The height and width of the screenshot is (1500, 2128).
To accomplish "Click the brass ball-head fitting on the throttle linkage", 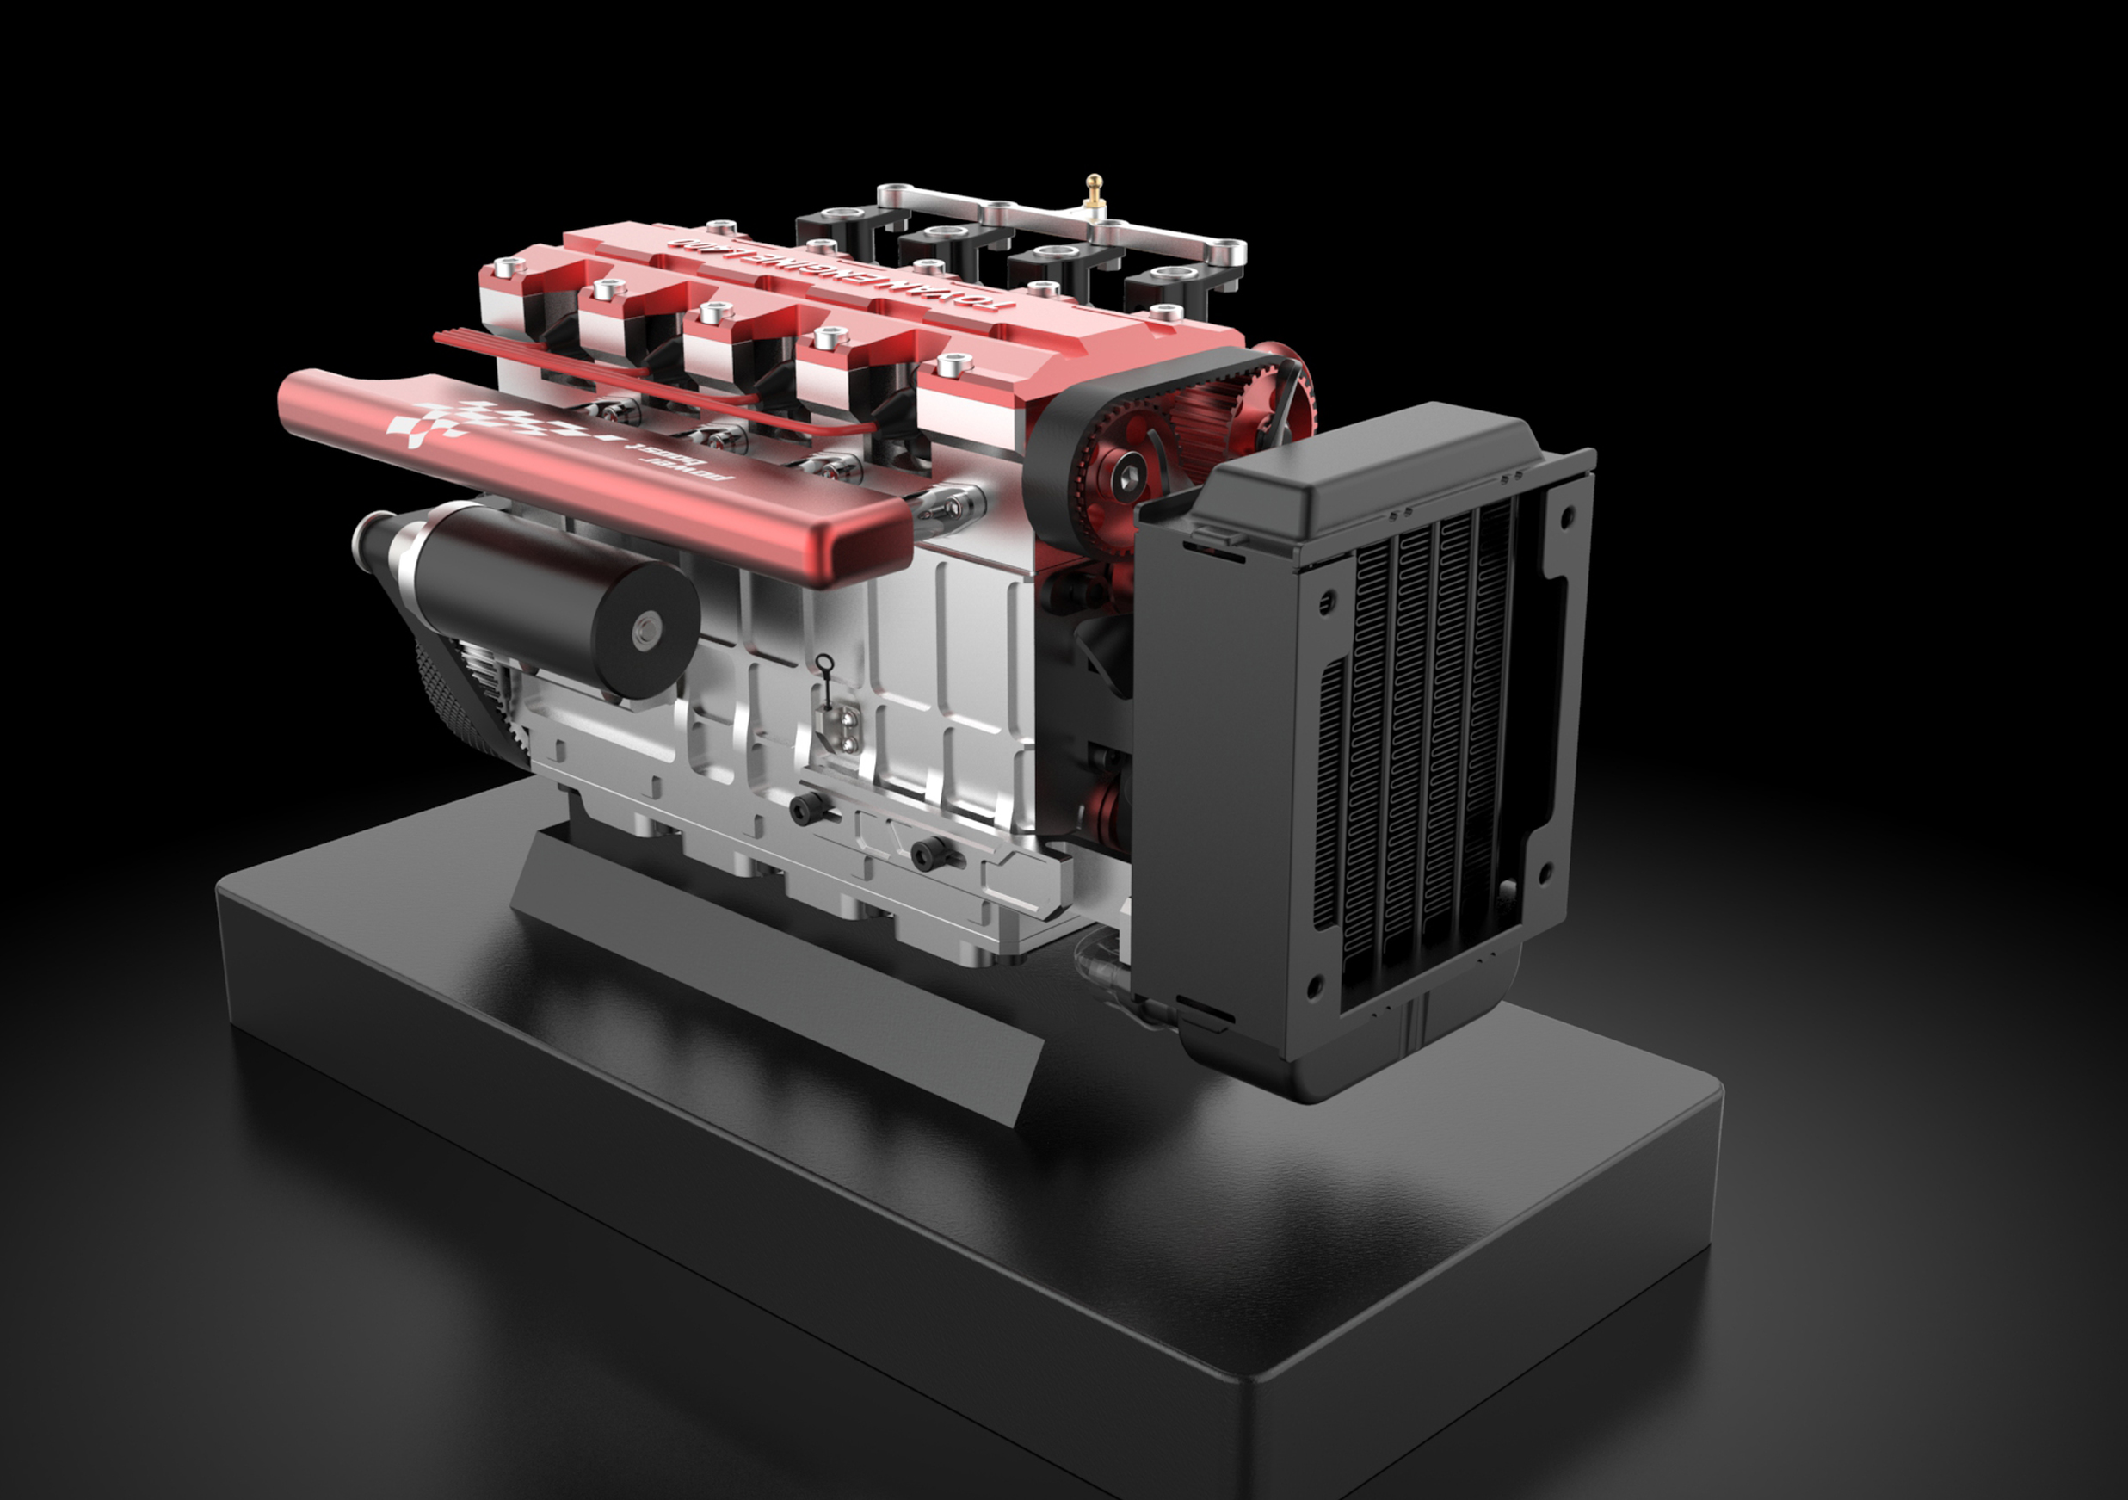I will [x=1095, y=182].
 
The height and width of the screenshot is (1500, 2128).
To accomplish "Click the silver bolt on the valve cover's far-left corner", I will [x=506, y=269].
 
